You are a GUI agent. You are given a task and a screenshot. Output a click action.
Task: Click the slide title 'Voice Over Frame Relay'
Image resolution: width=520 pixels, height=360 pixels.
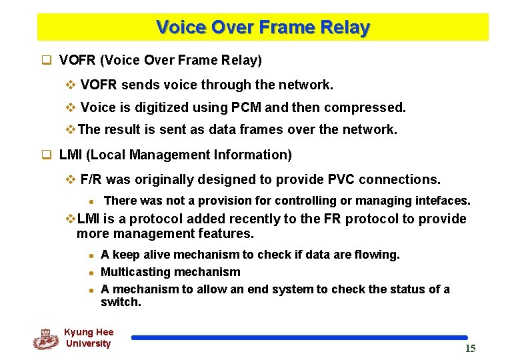(263, 27)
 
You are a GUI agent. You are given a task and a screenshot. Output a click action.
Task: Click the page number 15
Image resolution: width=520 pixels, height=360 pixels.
(470, 349)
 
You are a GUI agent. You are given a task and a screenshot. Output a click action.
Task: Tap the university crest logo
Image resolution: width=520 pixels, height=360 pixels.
(46, 339)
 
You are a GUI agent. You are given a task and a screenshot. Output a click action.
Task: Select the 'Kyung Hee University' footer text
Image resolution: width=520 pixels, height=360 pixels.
(88, 337)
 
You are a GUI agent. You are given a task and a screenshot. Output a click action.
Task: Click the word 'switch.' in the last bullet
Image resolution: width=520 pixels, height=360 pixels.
(121, 302)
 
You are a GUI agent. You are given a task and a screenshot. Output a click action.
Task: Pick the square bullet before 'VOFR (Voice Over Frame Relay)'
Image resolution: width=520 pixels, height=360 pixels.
(47, 61)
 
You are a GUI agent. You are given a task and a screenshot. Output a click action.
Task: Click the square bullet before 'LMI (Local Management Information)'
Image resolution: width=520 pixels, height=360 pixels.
(47, 155)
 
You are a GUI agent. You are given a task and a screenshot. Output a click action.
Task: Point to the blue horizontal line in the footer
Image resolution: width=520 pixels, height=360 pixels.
(299, 338)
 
